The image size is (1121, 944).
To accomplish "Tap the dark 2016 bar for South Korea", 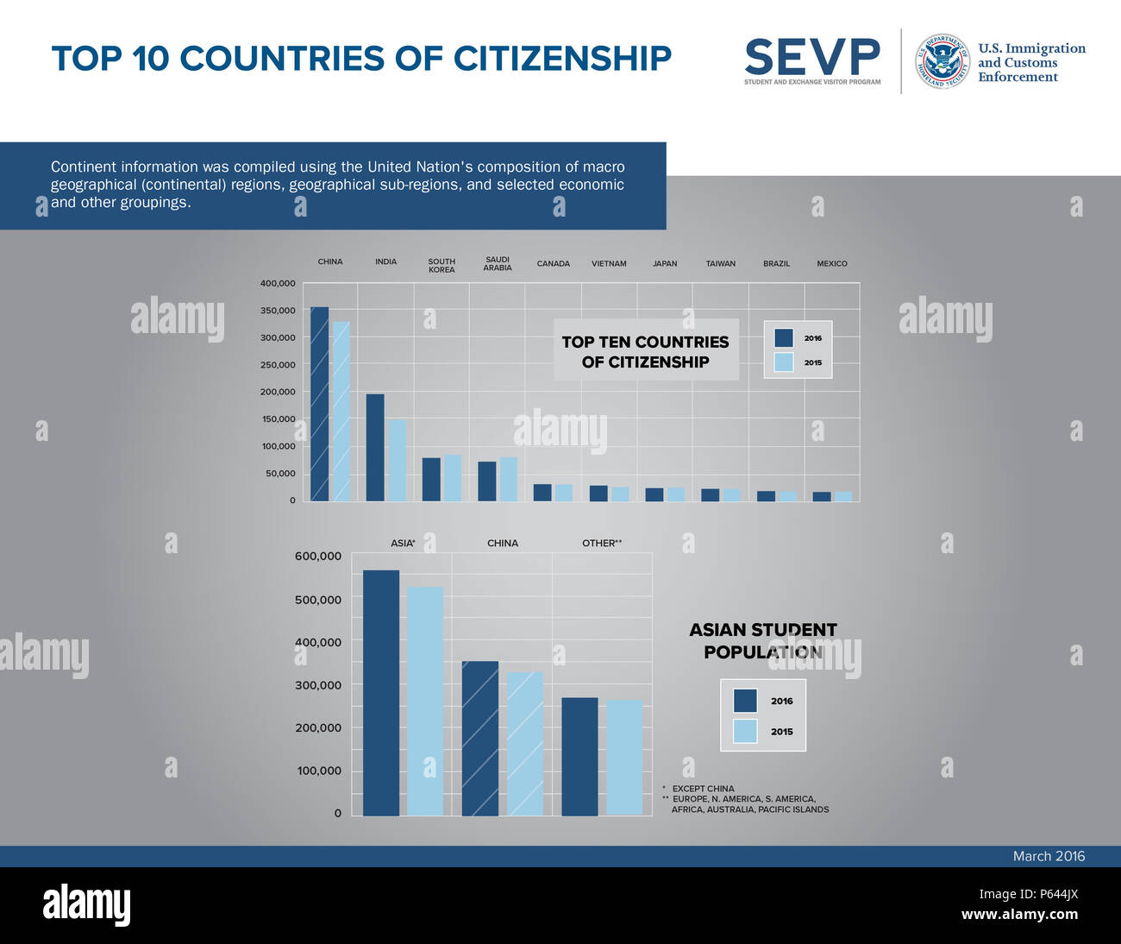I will click(x=431, y=480).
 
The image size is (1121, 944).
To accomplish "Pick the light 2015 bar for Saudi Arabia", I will click(x=509, y=480).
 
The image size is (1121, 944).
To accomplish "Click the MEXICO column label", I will click(x=832, y=264).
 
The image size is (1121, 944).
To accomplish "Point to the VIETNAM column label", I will click(x=609, y=264).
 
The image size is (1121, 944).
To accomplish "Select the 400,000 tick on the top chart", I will click(x=278, y=283).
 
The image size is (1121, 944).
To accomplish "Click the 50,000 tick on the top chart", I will click(x=280, y=474).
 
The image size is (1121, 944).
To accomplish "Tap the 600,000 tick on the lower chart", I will click(x=318, y=557).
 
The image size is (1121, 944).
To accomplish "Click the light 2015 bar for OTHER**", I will click(x=624, y=758).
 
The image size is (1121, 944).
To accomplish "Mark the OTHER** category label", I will click(x=602, y=544).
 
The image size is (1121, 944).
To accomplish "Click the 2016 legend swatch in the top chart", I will click(x=784, y=338).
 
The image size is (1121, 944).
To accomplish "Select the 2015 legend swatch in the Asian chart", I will click(x=745, y=732).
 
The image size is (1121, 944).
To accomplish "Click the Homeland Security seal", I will click(x=942, y=62).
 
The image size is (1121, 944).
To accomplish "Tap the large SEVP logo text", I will click(x=812, y=57).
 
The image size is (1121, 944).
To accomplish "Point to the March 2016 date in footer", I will click(x=1049, y=856).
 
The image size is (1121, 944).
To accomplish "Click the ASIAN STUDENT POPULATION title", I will click(x=763, y=641).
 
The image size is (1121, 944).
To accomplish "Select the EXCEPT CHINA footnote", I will click(x=703, y=789).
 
